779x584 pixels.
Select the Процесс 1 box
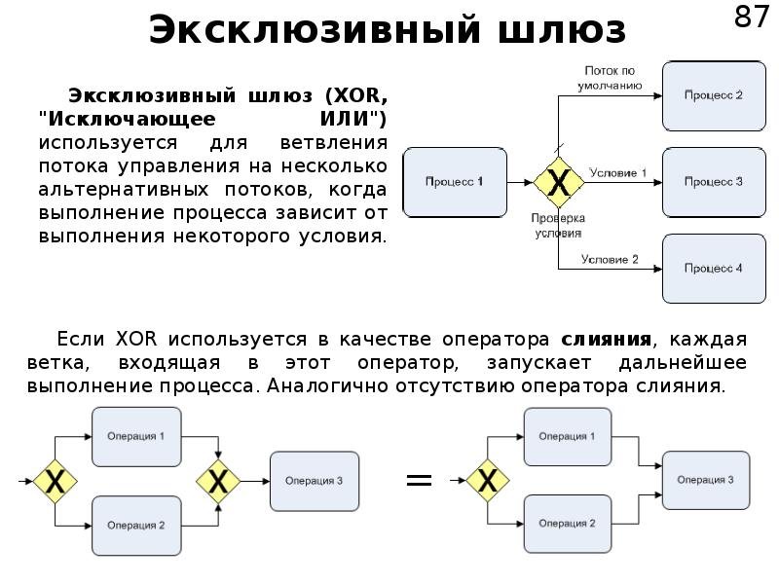(454, 182)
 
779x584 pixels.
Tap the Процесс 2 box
(713, 95)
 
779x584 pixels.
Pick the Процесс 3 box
(713, 182)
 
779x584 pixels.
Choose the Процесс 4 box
(713, 268)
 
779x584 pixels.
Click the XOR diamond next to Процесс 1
(559, 182)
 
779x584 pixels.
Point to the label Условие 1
(617, 172)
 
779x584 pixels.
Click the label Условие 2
(610, 258)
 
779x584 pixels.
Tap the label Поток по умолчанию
(611, 78)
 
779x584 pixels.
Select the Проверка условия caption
(557, 226)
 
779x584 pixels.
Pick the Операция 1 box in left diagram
(136, 436)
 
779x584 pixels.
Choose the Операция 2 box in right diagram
(569, 523)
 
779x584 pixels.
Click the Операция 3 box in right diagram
(707, 480)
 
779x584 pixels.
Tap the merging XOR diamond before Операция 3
(219, 480)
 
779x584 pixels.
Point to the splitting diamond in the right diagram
(486, 480)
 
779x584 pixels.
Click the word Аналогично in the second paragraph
(324, 384)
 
